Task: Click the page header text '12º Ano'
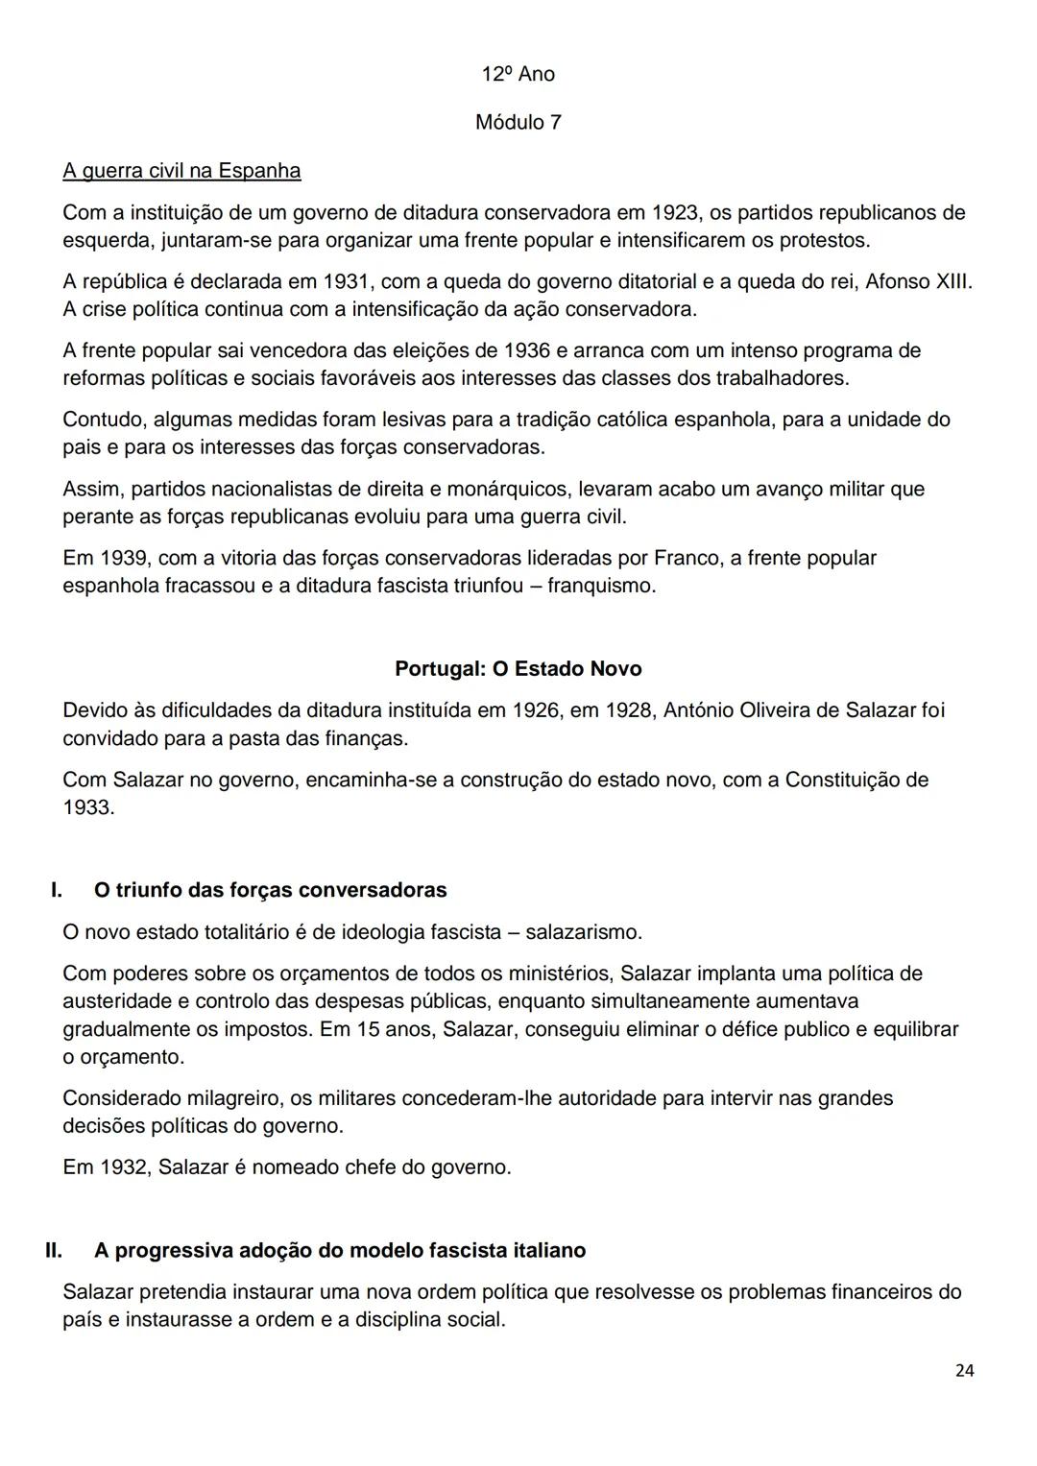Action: click(518, 75)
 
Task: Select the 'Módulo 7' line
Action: click(518, 123)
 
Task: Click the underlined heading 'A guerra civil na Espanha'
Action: click(181, 171)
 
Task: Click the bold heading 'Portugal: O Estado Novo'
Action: click(518, 669)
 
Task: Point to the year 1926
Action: click(535, 710)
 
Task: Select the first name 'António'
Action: click(699, 710)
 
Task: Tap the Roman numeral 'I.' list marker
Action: click(57, 890)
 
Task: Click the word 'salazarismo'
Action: click(582, 932)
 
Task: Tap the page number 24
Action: click(965, 1371)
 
